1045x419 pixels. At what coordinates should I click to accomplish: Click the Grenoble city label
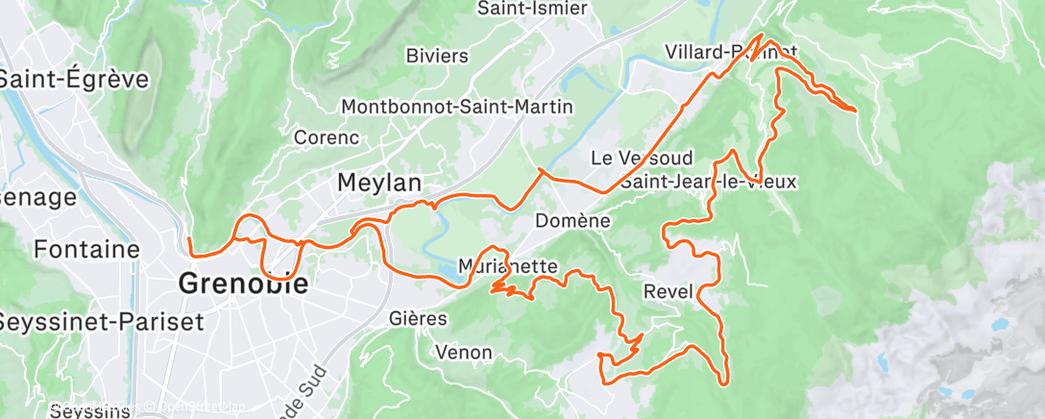pos(244,283)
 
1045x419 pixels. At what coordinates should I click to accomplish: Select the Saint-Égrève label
pos(74,79)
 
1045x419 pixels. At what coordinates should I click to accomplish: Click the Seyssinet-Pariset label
pos(101,321)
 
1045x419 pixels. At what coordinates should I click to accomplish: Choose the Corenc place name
pos(327,137)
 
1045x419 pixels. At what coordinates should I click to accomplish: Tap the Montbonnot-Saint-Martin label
pos(457,106)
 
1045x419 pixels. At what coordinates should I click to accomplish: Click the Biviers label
pos(437,56)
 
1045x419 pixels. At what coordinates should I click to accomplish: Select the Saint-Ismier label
pos(532,9)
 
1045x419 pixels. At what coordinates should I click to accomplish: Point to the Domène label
pos(573,220)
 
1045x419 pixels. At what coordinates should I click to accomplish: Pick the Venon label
pos(465,352)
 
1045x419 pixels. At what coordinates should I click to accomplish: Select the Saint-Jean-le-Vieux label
pos(709,181)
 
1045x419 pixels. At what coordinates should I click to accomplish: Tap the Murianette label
pos(508,265)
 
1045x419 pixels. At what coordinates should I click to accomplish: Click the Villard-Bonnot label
pos(730,51)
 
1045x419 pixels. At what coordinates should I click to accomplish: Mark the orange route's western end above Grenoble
pos(190,240)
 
